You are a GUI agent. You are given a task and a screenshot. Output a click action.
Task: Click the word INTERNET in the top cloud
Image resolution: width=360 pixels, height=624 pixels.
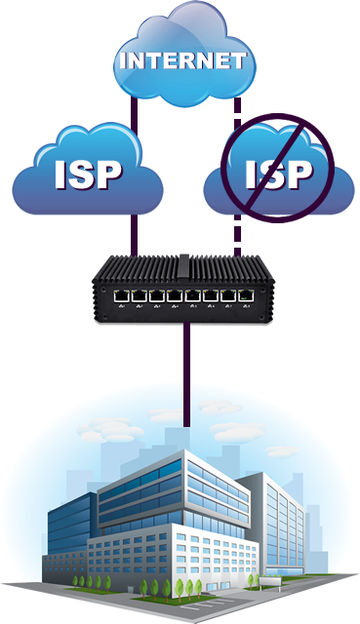pyautogui.click(x=180, y=61)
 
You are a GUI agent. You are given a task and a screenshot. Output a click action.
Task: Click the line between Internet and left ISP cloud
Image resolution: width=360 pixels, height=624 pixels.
pyautogui.click(x=135, y=112)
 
